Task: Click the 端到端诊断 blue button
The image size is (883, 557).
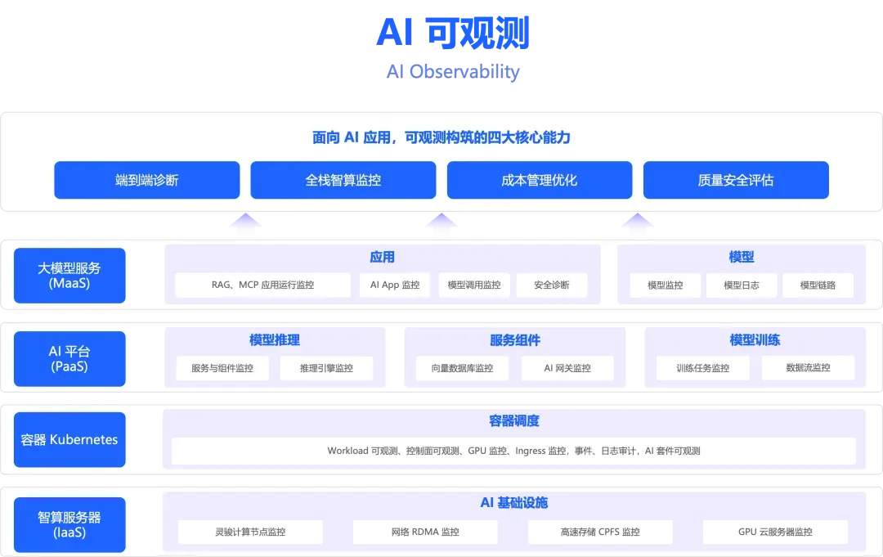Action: (147, 180)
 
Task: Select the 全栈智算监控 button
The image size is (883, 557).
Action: (343, 180)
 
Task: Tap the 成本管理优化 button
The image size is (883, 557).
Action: (540, 180)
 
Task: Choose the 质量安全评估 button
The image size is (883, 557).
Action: (736, 180)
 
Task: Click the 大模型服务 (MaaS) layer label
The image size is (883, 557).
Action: (69, 276)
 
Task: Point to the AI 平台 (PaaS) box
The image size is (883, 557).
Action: (69, 358)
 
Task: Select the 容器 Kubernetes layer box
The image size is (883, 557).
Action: (69, 439)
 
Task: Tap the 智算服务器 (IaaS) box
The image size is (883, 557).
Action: (69, 524)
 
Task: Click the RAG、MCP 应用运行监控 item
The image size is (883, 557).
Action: (257, 285)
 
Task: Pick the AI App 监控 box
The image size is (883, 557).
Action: (395, 285)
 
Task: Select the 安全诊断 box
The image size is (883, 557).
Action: (552, 285)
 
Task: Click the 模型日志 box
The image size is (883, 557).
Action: (742, 285)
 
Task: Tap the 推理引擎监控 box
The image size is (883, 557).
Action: (326, 368)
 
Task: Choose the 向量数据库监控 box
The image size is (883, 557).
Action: (463, 368)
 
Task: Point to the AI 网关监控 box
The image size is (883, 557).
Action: (567, 368)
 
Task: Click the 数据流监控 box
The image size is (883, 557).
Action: (808, 368)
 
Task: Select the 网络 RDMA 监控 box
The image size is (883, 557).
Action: (425, 532)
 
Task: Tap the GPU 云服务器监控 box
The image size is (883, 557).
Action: (775, 532)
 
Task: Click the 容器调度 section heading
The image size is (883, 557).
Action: (514, 421)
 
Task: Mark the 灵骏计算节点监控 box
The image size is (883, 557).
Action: (250, 532)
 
